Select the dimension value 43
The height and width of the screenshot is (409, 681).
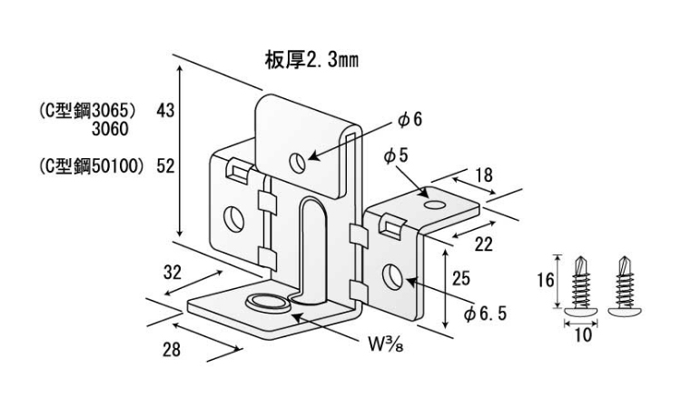(x=165, y=110)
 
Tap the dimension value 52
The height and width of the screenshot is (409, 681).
(x=165, y=165)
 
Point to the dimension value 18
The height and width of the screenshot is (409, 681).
(x=484, y=175)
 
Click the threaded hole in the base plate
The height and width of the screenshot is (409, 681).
(x=265, y=304)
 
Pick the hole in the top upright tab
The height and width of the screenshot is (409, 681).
(x=297, y=163)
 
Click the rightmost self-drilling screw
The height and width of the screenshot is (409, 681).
(x=626, y=287)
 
